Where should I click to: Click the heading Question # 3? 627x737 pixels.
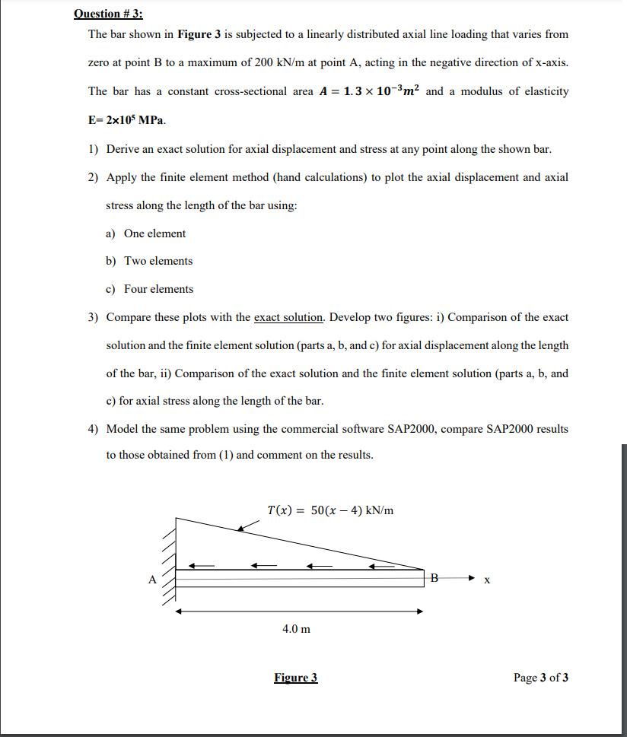coord(108,14)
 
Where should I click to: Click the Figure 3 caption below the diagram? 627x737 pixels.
coord(295,678)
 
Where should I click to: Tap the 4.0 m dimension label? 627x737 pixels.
coord(296,629)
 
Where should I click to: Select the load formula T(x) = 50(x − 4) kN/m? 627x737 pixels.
coord(330,510)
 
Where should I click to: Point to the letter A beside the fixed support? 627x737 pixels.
coord(152,580)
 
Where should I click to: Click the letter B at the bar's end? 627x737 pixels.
coord(434,578)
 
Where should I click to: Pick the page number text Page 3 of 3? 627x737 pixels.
coord(540,678)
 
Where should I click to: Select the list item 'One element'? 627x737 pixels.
coord(154,233)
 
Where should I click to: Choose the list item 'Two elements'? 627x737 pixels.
coord(158,261)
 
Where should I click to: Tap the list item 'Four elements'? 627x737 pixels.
coord(158,289)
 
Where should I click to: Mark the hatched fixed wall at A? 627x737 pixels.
coord(168,567)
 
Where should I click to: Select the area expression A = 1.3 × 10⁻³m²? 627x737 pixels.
coord(371,91)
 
